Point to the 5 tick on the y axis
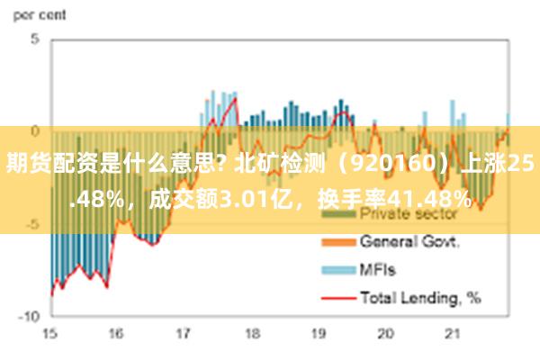click(34, 40)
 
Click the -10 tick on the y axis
click(30, 317)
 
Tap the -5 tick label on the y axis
click(32, 224)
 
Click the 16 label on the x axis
click(116, 334)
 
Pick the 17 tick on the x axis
click(184, 334)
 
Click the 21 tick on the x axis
click(453, 334)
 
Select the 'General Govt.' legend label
click(410, 241)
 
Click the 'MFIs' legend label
click(378, 268)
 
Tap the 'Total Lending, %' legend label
click(421, 295)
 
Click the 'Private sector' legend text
click(409, 214)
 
